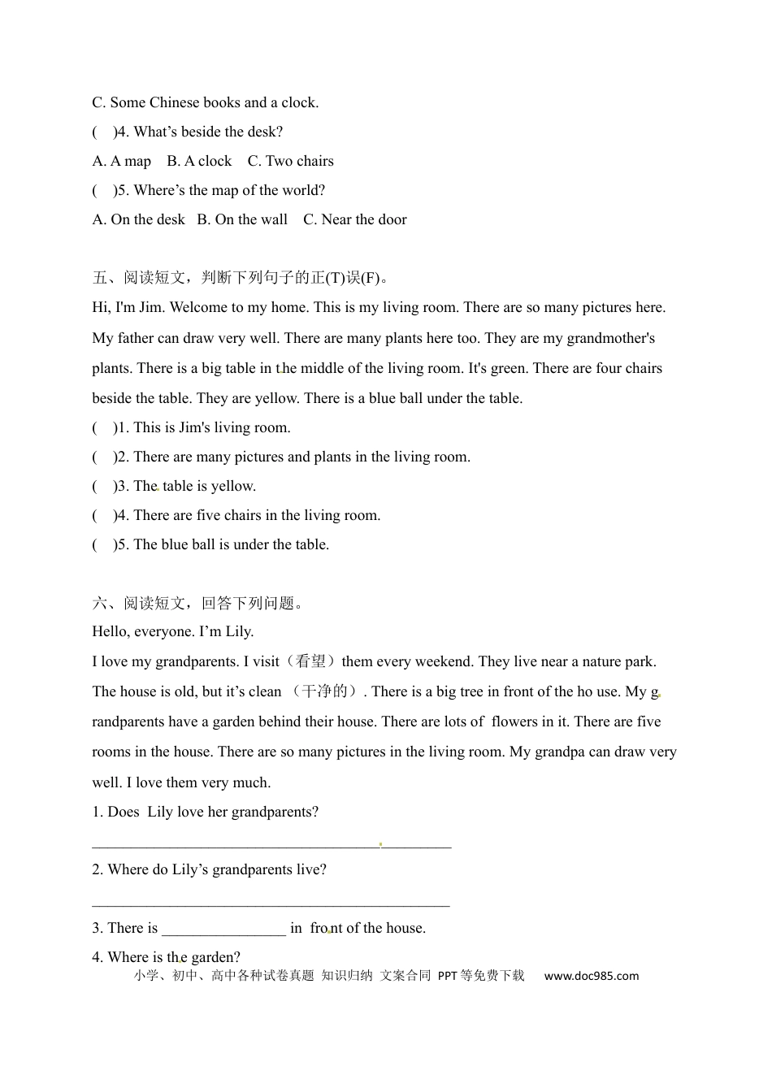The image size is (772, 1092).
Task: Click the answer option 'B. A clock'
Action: click(x=199, y=161)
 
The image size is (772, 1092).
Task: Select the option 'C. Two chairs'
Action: click(x=290, y=161)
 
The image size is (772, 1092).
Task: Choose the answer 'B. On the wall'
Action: click(x=242, y=219)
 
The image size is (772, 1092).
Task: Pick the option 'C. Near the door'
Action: click(x=354, y=219)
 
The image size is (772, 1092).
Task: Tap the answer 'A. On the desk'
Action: click(x=138, y=219)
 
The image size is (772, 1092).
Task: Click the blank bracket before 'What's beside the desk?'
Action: click(x=103, y=132)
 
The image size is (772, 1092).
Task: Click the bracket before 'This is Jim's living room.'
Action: click(x=103, y=427)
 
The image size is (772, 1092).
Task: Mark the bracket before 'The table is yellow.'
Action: click(x=103, y=486)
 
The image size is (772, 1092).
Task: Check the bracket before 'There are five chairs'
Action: click(x=103, y=515)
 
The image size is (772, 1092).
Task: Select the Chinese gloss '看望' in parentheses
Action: click(x=310, y=661)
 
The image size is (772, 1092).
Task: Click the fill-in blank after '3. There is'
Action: click(x=223, y=929)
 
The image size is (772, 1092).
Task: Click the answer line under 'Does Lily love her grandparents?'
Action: click(x=271, y=846)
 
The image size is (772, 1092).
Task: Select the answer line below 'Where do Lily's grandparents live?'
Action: click(x=271, y=903)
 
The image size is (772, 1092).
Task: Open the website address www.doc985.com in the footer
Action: click(x=591, y=976)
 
